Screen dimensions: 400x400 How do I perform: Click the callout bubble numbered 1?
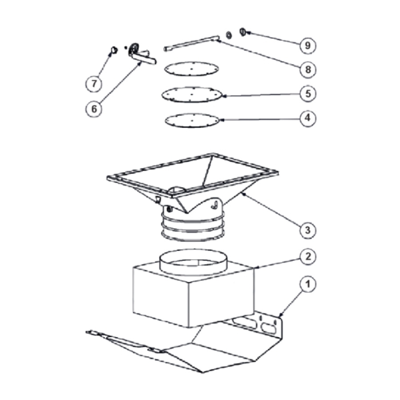click(x=308, y=284)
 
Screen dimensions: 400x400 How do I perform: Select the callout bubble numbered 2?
click(x=308, y=256)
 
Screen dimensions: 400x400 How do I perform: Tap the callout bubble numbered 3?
click(x=308, y=230)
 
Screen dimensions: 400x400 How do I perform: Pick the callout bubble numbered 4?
click(x=308, y=118)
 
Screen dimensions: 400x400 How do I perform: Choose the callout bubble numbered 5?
click(x=308, y=93)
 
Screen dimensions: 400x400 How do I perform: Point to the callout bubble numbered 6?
click(x=94, y=109)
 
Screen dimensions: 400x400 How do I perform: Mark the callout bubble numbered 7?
click(x=94, y=84)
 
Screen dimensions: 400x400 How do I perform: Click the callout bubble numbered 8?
click(x=308, y=69)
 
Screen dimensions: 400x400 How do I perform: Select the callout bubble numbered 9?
click(x=308, y=45)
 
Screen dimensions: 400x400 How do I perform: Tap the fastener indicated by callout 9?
click(x=242, y=32)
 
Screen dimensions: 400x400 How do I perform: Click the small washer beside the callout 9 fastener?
click(x=229, y=35)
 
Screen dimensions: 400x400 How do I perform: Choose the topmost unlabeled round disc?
click(x=191, y=68)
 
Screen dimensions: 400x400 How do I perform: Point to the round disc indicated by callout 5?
click(x=191, y=95)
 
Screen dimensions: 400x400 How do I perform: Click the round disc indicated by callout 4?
click(x=192, y=120)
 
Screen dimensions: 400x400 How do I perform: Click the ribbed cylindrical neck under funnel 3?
click(x=193, y=224)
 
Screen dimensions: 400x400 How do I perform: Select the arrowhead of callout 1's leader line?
click(x=280, y=316)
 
